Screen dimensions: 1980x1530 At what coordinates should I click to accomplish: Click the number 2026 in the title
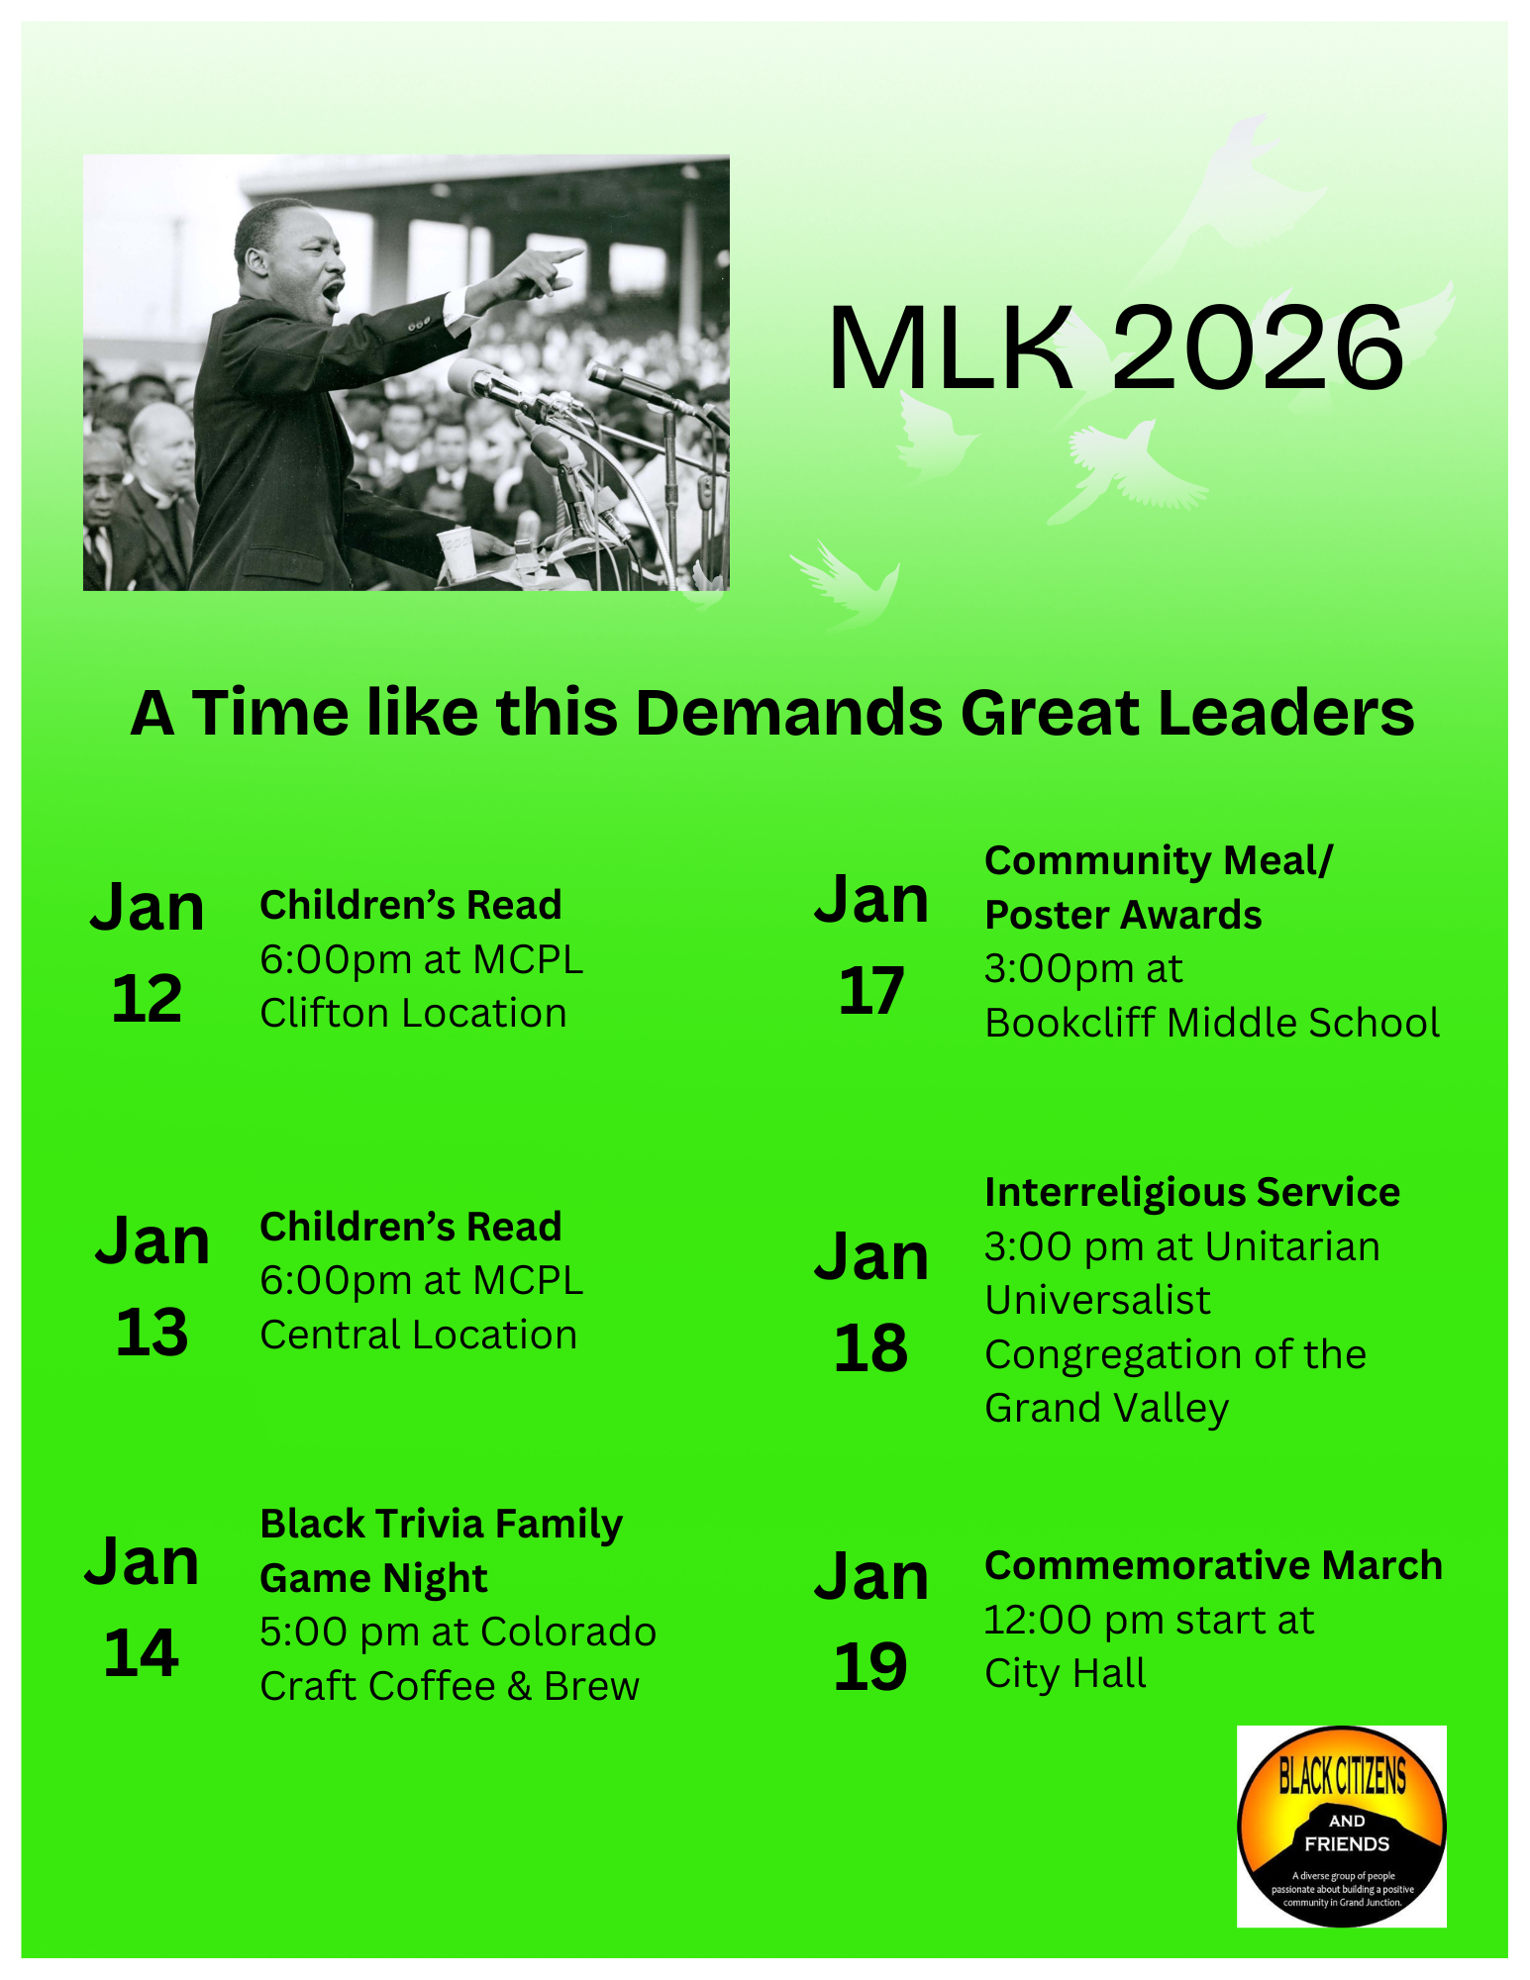pyautogui.click(x=1258, y=348)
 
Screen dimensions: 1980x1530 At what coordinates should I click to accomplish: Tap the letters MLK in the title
pyautogui.click(x=951, y=348)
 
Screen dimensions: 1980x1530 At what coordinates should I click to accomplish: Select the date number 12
pyautogui.click(x=147, y=998)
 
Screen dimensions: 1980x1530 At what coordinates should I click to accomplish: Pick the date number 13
pyautogui.click(x=152, y=1332)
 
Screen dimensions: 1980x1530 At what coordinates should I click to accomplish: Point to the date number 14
pyautogui.click(x=141, y=1653)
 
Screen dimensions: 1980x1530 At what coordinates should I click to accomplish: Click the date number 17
pyautogui.click(x=870, y=990)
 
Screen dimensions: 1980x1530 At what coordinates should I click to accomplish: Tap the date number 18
pyautogui.click(x=870, y=1348)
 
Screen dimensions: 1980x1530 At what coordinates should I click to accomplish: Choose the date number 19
pyautogui.click(x=870, y=1667)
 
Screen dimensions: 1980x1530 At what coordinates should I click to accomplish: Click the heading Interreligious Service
pyautogui.click(x=1191, y=1193)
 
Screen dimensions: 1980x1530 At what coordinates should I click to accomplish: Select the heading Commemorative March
pyautogui.click(x=1213, y=1566)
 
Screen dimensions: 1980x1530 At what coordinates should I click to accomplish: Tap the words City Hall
pyautogui.click(x=1065, y=1674)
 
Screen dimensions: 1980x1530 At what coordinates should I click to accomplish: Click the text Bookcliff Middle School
pyautogui.click(x=1211, y=1024)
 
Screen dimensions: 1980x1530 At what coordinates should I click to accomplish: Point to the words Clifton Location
pyautogui.click(x=413, y=1014)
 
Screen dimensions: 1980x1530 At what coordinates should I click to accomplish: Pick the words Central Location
pyautogui.click(x=418, y=1336)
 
